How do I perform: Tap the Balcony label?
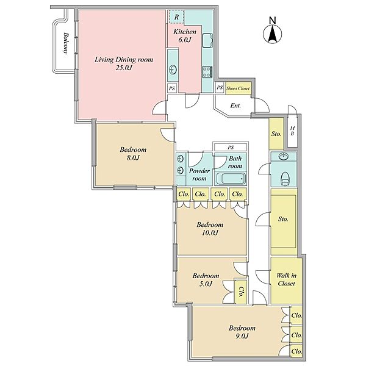[x=66, y=43]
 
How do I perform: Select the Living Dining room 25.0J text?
[x=124, y=63]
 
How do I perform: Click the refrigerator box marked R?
[x=176, y=17]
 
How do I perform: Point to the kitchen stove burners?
[x=207, y=71]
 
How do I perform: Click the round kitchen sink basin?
[x=173, y=70]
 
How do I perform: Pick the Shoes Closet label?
[x=238, y=88]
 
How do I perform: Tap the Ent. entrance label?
[x=235, y=106]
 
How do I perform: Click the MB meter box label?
[x=292, y=131]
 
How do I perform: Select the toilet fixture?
[x=285, y=179]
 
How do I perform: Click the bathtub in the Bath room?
[x=231, y=179]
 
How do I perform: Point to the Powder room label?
[x=199, y=174]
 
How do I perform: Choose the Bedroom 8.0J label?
[x=133, y=153]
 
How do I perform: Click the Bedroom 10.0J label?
[x=210, y=229]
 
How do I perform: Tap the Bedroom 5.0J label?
[x=206, y=279]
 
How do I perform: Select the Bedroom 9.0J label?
[x=242, y=332]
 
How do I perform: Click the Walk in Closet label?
[x=287, y=279]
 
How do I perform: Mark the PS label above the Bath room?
[x=231, y=147]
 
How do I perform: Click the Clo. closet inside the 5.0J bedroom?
[x=241, y=292]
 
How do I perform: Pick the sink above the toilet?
[x=284, y=156]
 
